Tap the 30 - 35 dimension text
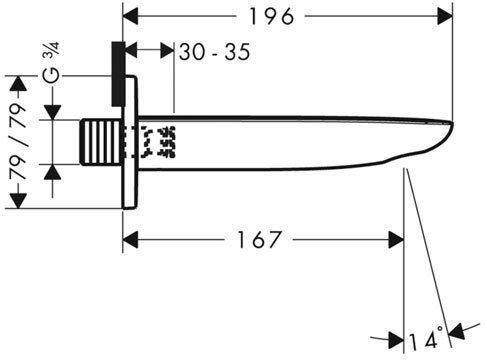[x=212, y=54]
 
